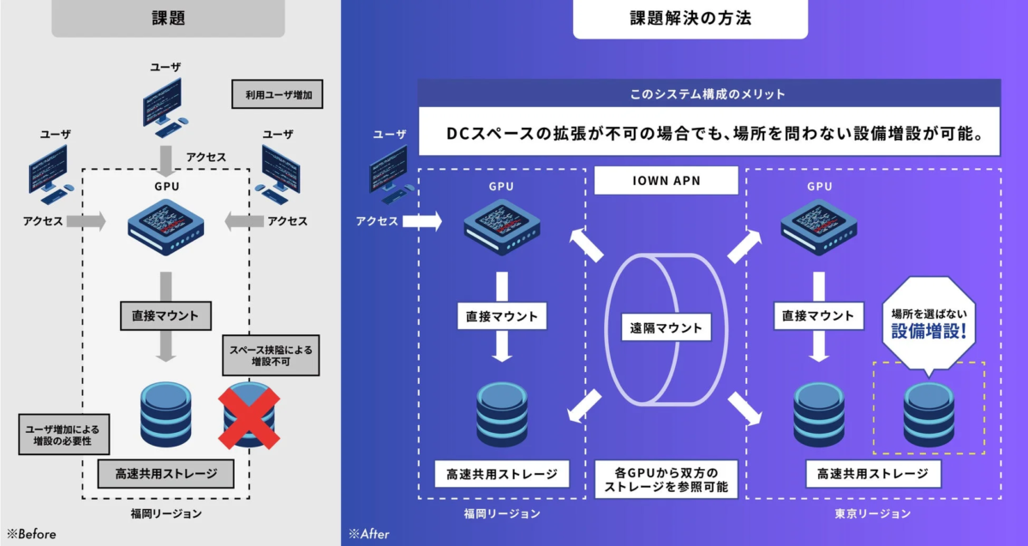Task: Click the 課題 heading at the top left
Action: tap(168, 18)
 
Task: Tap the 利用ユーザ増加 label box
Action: tap(277, 95)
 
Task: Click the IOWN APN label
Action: tap(666, 180)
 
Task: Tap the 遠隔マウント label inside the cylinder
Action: tap(666, 327)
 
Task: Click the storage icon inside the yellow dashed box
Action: tap(928, 410)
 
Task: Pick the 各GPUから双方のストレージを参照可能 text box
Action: tap(666, 479)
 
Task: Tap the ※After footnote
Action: tap(369, 533)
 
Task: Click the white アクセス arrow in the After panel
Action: tap(421, 222)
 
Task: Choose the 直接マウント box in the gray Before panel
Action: tap(164, 315)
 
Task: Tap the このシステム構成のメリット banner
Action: tap(708, 93)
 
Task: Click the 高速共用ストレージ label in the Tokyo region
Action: tap(872, 473)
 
